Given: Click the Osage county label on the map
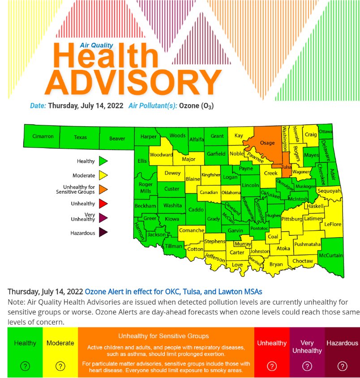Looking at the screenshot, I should pyautogui.click(x=267, y=143).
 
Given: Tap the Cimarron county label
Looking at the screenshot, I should pyautogui.click(x=43, y=136).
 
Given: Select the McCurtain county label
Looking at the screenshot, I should pyautogui.click(x=330, y=255).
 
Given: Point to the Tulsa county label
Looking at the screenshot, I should pyautogui.click(x=286, y=167).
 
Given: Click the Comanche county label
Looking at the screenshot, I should pyautogui.click(x=191, y=230).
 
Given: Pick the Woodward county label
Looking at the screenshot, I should pyautogui.click(x=161, y=155).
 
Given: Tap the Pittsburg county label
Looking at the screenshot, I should pyautogui.click(x=292, y=219).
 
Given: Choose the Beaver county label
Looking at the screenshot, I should pyautogui.click(x=117, y=139).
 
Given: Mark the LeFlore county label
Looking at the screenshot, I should pyautogui.click(x=333, y=224).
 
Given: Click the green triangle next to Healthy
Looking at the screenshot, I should pyautogui.click(x=103, y=161).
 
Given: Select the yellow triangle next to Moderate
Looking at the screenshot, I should pyautogui.click(x=103, y=175).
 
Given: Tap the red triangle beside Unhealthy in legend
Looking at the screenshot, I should pyautogui.click(x=103, y=204).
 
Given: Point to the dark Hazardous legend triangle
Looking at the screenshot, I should pyautogui.click(x=103, y=232).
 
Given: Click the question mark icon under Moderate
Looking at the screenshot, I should pyautogui.click(x=60, y=366).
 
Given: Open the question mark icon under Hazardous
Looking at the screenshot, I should pyautogui.click(x=342, y=366).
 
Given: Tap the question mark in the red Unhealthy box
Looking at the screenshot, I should pyautogui.click(x=272, y=366).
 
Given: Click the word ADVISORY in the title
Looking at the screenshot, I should pyautogui.click(x=133, y=83).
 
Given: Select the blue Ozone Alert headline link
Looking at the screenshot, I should pyautogui.click(x=173, y=292).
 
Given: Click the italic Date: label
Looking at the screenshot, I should pyautogui.click(x=38, y=106).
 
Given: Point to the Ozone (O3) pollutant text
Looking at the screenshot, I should pyautogui.click(x=196, y=106).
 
